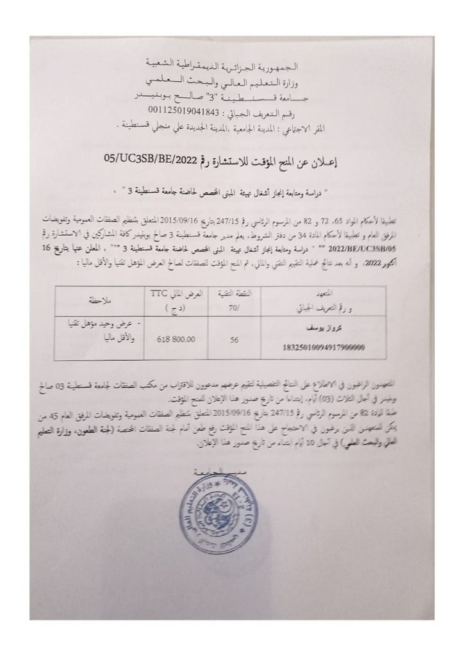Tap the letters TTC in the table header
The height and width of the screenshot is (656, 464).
160,292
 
